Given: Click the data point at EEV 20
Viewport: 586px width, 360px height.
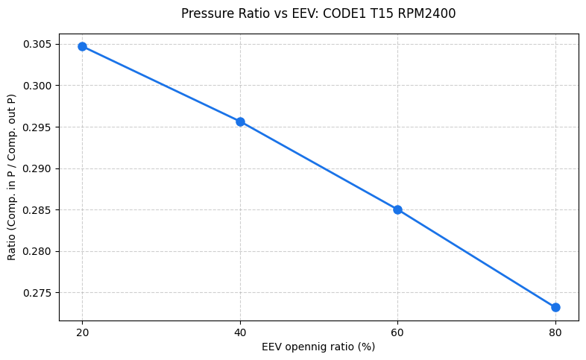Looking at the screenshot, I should pos(82,46).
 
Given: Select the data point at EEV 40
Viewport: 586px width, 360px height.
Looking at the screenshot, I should pos(240,121).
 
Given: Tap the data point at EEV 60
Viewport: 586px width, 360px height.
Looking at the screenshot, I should pos(397,209).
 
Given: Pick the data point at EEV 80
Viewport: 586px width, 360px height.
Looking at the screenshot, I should pos(555,307).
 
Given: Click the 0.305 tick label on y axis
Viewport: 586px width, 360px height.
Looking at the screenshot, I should pos(38,45).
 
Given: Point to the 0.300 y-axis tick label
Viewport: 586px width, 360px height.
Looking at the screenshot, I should pos(38,86).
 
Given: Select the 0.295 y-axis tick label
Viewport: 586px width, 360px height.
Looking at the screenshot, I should pos(38,127).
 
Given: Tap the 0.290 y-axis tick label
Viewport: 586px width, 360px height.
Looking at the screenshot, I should pos(38,168).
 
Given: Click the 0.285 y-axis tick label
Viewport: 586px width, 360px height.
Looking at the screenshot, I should pos(38,210).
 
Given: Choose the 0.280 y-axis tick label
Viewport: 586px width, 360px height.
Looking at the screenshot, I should pos(38,251).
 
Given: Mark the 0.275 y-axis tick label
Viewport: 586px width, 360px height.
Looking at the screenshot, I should pos(38,293).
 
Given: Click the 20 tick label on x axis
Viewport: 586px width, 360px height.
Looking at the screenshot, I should pos(82,332).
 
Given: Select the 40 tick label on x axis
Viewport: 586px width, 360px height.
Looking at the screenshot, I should pos(240,332).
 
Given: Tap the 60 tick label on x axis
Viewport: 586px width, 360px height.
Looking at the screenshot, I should pos(397,332).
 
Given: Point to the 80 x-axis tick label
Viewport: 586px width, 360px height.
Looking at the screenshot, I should pos(555,332).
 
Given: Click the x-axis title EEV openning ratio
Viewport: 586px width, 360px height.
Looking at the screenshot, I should pos(318,347).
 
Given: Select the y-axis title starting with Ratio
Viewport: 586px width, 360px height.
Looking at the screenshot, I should pos(12,177).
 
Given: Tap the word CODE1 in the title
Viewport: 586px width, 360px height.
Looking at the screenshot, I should pos(344,13).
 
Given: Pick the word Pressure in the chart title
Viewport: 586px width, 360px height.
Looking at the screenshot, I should pos(204,13).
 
